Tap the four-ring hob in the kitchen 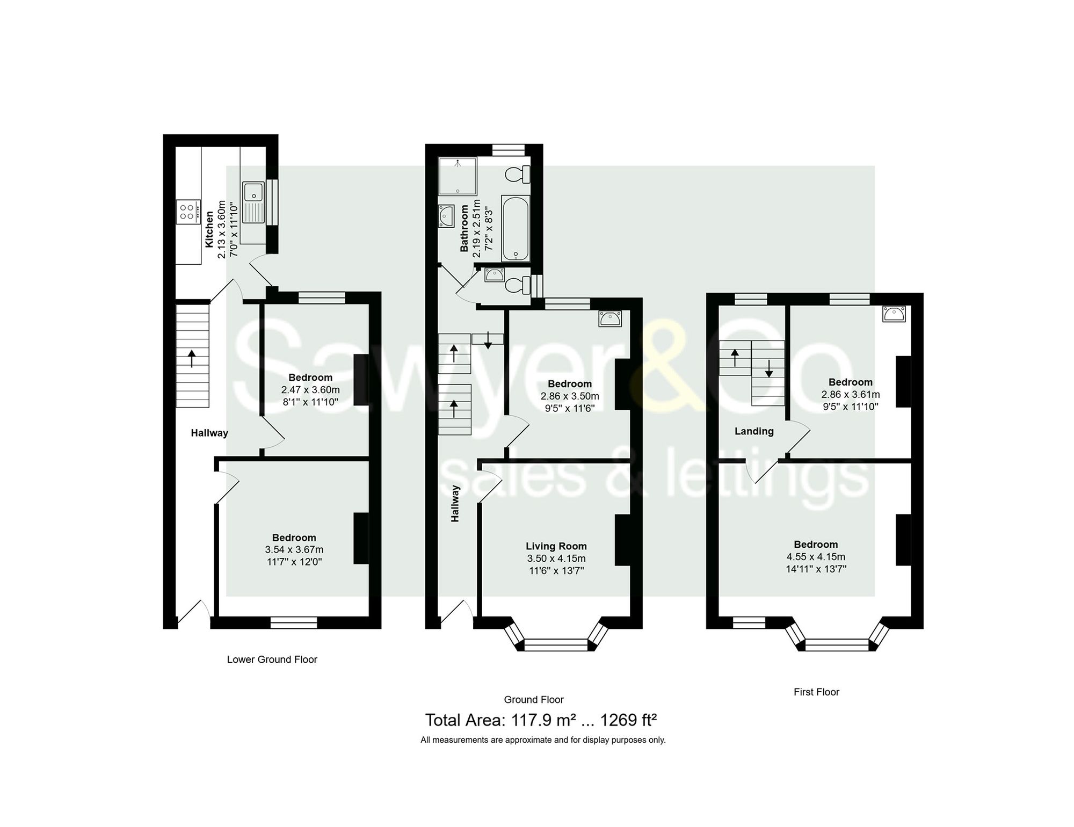click(x=187, y=212)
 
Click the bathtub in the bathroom click(x=516, y=228)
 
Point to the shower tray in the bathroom click(x=458, y=176)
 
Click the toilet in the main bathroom click(x=517, y=174)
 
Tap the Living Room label click(x=556, y=546)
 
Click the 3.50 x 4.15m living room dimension click(x=556, y=558)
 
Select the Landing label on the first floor click(x=754, y=431)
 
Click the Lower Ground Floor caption click(x=272, y=659)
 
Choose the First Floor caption click(x=816, y=692)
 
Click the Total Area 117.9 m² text click(x=541, y=720)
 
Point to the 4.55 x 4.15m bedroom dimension click(x=816, y=557)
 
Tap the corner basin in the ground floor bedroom click(x=610, y=319)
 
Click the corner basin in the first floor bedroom click(x=894, y=314)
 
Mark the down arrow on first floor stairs click(x=768, y=368)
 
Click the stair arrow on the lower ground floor click(x=192, y=358)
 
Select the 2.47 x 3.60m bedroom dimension click(x=310, y=390)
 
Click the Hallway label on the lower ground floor click(x=209, y=433)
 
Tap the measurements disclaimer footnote click(x=543, y=740)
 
